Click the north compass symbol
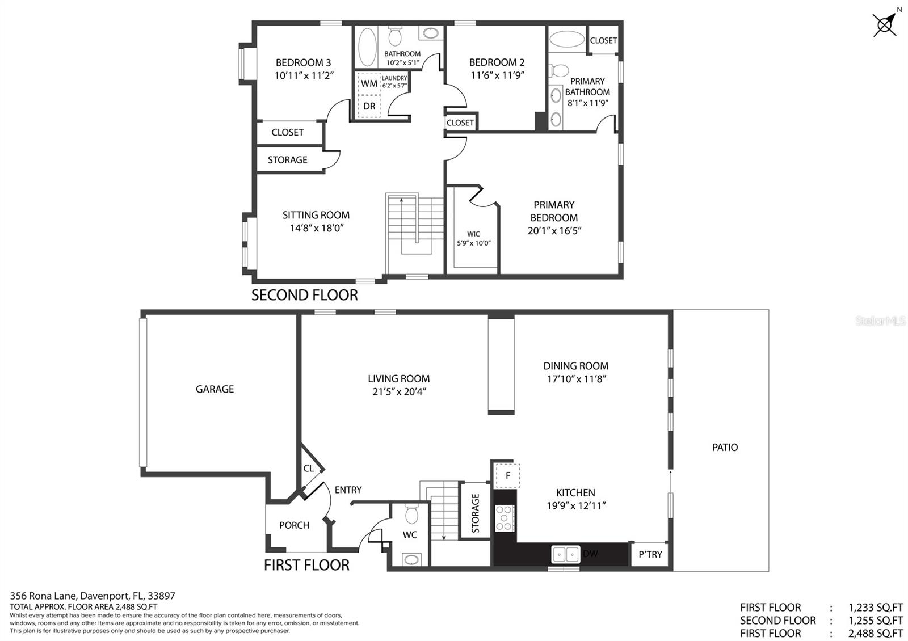point(884,25)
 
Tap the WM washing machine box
point(369,83)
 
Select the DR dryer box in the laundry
point(369,107)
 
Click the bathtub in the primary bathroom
point(567,39)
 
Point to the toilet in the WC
point(411,514)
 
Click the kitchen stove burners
point(504,518)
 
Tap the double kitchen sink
point(565,554)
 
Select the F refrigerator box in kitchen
point(507,476)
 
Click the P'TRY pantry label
point(650,554)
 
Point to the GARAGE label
point(215,389)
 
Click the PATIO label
point(725,448)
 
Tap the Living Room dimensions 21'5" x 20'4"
point(400,392)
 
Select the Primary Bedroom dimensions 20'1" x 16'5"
point(554,230)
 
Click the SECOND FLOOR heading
point(304,295)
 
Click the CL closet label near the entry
point(309,469)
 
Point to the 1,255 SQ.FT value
point(876,621)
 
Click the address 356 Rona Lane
point(43,596)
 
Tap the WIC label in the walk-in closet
point(473,234)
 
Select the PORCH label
point(295,525)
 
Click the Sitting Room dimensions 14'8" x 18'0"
point(317,228)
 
